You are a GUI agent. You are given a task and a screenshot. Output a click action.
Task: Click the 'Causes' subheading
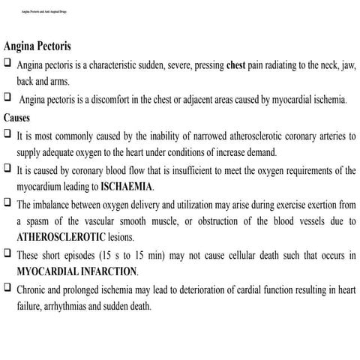(18, 118)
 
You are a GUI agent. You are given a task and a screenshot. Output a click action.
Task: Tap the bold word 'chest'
(241, 65)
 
